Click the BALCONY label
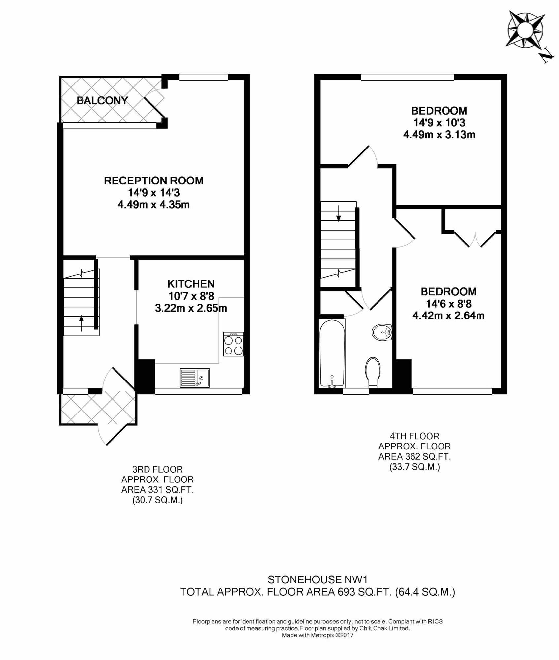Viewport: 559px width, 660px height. coord(102,100)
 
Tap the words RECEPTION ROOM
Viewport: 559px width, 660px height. coord(154,181)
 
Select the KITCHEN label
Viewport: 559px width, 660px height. coord(191,284)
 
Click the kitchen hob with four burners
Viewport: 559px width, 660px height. coord(233,344)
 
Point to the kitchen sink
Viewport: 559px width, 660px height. coord(195,378)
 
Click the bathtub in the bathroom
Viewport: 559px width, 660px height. coord(333,353)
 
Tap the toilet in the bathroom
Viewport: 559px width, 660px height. coord(373,372)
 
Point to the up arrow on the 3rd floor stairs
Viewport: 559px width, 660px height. coord(82,323)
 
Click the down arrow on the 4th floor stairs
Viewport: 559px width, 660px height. coord(339,213)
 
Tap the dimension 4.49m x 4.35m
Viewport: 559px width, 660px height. coord(154,205)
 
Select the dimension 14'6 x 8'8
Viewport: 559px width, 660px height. coord(448,304)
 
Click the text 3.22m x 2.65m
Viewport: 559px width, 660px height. coord(191,308)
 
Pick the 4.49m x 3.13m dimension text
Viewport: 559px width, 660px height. coord(439,135)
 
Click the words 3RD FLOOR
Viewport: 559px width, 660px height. coord(157,469)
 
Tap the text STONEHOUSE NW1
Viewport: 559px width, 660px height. coord(317,579)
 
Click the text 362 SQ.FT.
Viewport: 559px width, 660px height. coord(428,457)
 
